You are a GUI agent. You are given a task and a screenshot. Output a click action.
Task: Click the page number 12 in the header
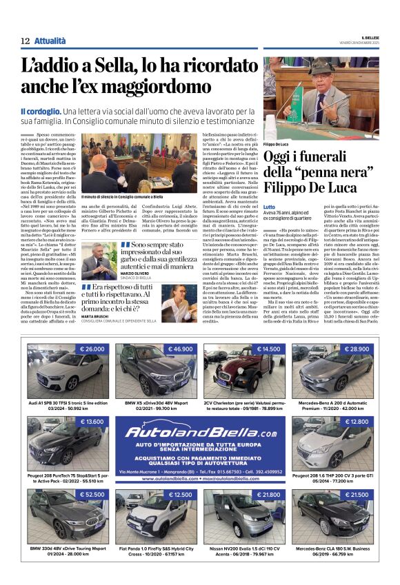tap(26, 41)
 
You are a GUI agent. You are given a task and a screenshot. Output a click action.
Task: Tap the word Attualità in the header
tap(50, 41)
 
